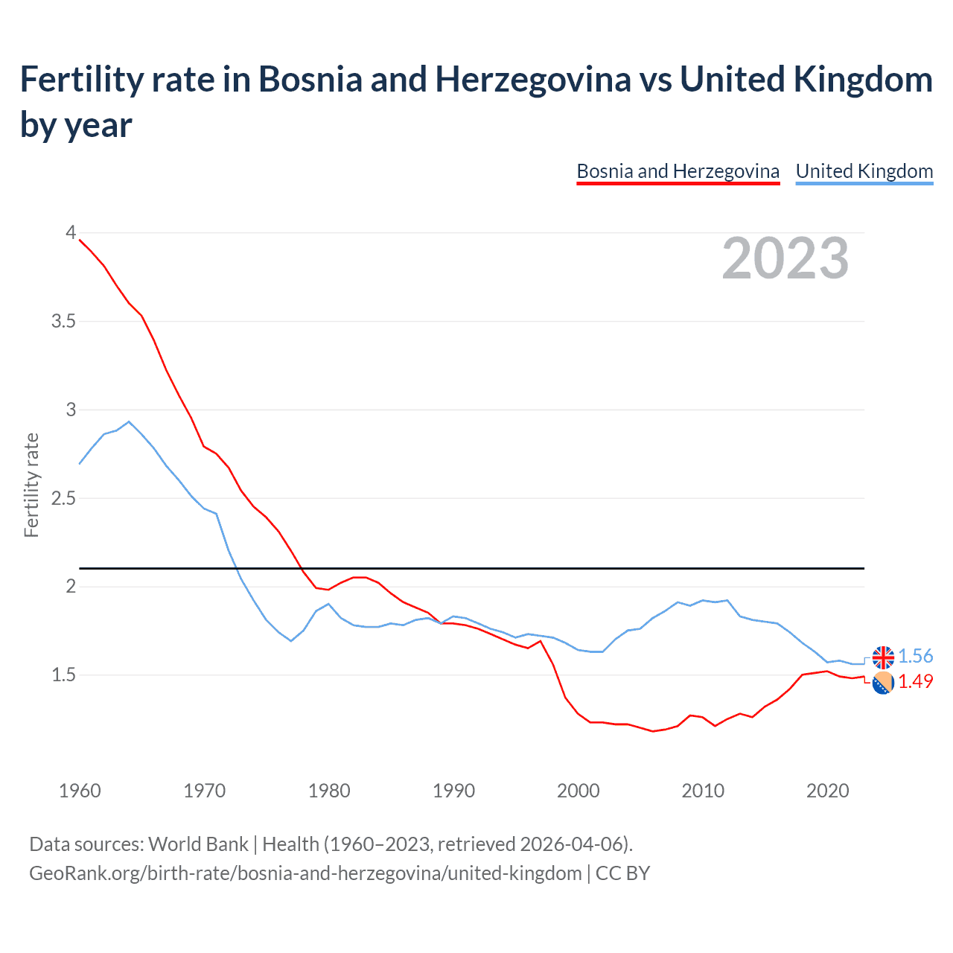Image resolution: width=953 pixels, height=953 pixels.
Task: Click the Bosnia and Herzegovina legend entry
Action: pyautogui.click(x=678, y=171)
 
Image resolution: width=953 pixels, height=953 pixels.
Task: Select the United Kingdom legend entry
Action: pyautogui.click(x=864, y=171)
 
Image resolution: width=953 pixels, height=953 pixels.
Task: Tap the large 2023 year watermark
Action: pyautogui.click(x=785, y=258)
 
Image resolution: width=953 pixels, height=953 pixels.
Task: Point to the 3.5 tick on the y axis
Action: pyautogui.click(x=63, y=322)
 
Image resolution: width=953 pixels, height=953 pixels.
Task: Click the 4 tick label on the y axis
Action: pyautogui.click(x=71, y=233)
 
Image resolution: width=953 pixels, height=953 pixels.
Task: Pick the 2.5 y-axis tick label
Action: pyautogui.click(x=63, y=498)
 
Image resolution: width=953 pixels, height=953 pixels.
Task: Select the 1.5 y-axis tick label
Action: pyautogui.click(x=63, y=675)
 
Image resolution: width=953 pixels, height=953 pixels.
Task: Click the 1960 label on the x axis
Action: pyautogui.click(x=80, y=791)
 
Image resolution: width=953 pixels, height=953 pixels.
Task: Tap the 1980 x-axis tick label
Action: pyautogui.click(x=329, y=791)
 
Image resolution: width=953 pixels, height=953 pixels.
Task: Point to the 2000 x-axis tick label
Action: pyautogui.click(x=579, y=791)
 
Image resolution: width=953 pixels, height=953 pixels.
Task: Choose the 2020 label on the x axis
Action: pyautogui.click(x=827, y=791)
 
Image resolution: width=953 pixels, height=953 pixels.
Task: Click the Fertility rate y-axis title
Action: pyautogui.click(x=31, y=485)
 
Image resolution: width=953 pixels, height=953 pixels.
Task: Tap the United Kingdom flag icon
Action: pyautogui.click(x=883, y=657)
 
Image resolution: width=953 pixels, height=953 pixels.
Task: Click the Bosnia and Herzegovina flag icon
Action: pyautogui.click(x=883, y=683)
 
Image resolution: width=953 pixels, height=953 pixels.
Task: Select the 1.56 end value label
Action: pyautogui.click(x=915, y=656)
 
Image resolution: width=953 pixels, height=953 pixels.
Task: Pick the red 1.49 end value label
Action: pyautogui.click(x=915, y=681)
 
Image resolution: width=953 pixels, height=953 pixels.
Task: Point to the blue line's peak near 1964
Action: pyautogui.click(x=129, y=421)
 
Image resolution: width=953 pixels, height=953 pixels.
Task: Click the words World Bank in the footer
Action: pyautogui.click(x=198, y=844)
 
